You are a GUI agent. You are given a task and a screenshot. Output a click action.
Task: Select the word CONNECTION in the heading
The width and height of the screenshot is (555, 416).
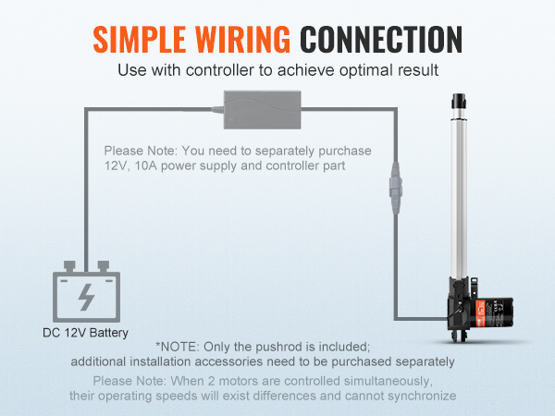tap(381, 40)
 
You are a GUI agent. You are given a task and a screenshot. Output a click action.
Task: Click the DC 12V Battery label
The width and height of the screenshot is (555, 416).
tap(85, 333)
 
